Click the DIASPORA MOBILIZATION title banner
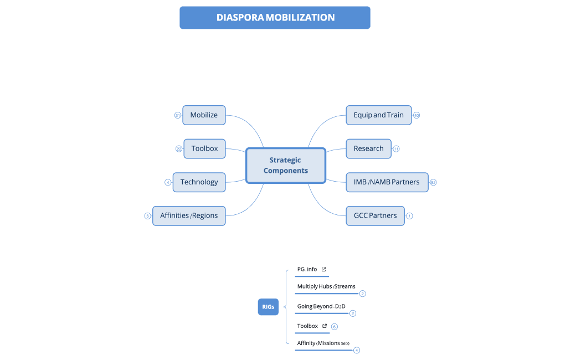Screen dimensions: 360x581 275,18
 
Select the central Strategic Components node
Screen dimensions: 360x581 285,165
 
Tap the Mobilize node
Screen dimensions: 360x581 204,115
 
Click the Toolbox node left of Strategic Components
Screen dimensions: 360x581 204,148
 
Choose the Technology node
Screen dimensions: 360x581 199,182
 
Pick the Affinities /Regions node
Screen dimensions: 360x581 189,215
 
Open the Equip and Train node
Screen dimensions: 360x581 378,115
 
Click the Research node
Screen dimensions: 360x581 368,148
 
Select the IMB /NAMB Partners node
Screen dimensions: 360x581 387,182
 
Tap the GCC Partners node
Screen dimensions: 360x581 375,215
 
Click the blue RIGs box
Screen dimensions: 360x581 268,306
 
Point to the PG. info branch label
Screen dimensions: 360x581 307,269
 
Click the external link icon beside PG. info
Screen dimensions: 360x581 324,269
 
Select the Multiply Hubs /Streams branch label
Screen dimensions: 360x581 326,286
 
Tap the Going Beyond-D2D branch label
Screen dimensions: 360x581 321,306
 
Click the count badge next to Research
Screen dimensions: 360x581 396,148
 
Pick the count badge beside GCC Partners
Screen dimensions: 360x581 409,215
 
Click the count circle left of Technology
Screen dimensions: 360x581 168,182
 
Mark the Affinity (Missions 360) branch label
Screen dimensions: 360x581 323,343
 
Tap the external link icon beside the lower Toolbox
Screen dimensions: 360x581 325,326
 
